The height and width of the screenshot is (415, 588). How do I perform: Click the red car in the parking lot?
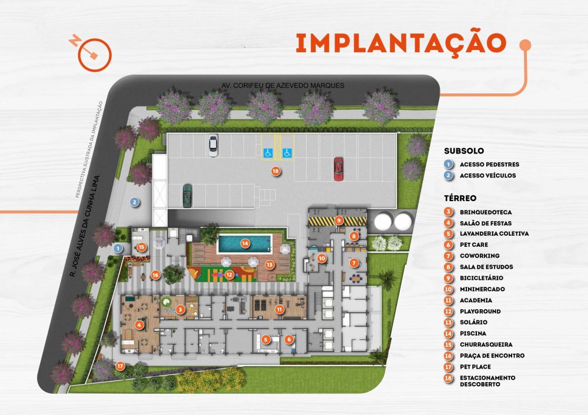point(338,169)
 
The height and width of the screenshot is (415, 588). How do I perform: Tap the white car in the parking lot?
point(213,145)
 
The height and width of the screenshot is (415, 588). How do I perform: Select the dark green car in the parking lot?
point(187,195)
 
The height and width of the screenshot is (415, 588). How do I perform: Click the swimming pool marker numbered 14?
point(245,243)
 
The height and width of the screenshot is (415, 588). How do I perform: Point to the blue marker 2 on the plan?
point(135,202)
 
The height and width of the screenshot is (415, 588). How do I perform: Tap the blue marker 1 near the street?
point(118,248)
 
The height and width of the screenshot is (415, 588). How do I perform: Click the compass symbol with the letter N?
point(92,52)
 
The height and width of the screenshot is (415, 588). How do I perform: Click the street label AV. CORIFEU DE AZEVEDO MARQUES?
point(283,85)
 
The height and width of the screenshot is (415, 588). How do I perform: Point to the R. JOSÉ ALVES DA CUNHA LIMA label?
point(85,226)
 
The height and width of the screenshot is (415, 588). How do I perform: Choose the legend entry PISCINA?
point(473,333)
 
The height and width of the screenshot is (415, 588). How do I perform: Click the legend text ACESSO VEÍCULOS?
point(487,175)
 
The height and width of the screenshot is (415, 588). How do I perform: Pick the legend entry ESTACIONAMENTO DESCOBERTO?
point(487,381)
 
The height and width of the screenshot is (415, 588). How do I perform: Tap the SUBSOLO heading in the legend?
point(464,151)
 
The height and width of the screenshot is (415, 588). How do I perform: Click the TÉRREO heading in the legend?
point(460,198)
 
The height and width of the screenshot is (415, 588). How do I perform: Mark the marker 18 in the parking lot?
point(276,171)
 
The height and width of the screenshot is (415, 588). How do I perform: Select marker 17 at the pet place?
point(120,366)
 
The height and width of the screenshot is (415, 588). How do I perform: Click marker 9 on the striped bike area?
point(339,220)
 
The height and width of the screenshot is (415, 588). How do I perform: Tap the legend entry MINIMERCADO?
point(482,289)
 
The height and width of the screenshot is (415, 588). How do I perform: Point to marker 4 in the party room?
point(139,324)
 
